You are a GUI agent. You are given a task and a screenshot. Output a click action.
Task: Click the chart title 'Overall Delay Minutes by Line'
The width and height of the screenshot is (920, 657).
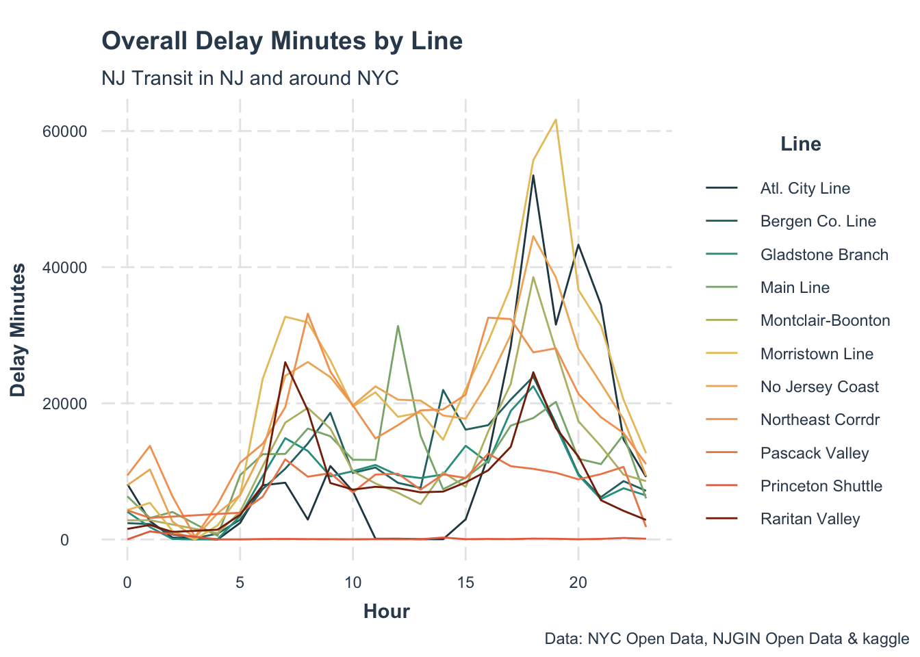(x=282, y=41)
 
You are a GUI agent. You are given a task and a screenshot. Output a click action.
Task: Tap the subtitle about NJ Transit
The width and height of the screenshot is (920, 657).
(x=250, y=78)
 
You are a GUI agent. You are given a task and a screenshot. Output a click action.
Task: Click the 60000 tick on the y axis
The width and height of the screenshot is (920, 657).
(x=65, y=131)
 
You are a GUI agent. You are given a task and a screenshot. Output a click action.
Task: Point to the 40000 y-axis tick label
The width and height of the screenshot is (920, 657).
(x=65, y=267)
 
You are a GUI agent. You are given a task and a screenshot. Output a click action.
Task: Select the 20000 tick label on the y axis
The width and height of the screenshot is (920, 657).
(x=65, y=403)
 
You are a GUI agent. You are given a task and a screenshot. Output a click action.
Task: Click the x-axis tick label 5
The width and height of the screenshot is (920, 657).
(x=240, y=583)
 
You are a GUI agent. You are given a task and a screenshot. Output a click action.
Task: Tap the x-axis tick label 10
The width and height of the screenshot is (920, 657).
(x=353, y=583)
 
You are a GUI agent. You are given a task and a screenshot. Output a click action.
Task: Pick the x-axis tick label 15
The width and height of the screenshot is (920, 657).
(x=465, y=583)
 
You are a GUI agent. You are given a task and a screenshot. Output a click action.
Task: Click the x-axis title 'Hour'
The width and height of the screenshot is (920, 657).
(x=387, y=611)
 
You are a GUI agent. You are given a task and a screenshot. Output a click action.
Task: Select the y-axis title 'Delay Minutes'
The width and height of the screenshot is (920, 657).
(x=18, y=330)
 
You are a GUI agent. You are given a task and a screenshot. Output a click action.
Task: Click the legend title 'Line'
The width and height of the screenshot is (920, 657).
(x=800, y=144)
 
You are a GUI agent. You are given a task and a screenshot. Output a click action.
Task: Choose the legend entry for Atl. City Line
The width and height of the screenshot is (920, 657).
(x=805, y=188)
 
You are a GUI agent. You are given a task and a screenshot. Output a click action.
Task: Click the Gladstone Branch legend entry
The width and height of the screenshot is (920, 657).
(x=824, y=255)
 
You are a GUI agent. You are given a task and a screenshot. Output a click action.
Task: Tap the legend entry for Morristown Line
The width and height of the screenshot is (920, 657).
(x=817, y=354)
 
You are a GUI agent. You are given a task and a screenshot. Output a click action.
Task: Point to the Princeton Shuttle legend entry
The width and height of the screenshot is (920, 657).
(x=821, y=486)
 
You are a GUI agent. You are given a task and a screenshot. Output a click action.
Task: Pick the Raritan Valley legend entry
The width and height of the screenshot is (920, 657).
(x=810, y=519)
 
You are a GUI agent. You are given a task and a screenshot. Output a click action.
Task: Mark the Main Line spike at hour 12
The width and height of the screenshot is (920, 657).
(x=398, y=326)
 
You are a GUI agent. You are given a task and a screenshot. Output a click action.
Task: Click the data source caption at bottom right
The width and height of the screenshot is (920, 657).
(x=727, y=639)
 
